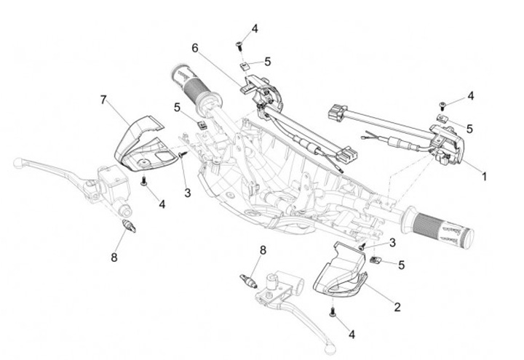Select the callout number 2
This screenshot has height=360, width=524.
397,307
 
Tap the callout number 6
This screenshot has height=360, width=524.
195,48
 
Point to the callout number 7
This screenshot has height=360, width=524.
103,99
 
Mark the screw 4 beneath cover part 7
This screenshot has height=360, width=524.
144,180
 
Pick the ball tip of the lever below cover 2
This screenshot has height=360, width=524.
332,342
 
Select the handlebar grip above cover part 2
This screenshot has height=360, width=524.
440,228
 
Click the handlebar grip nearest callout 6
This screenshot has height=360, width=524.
193,86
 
